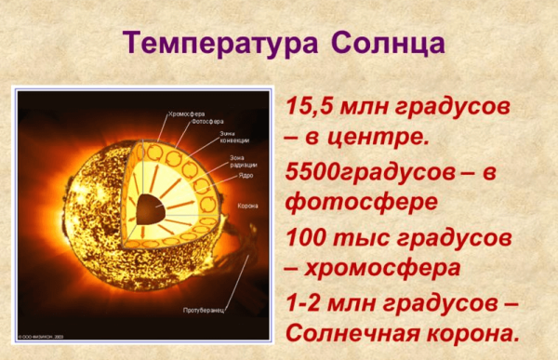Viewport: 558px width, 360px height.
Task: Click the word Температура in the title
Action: pos(217,44)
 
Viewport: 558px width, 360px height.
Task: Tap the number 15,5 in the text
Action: pos(313,104)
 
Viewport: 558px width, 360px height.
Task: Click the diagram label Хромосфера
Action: pos(188,112)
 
